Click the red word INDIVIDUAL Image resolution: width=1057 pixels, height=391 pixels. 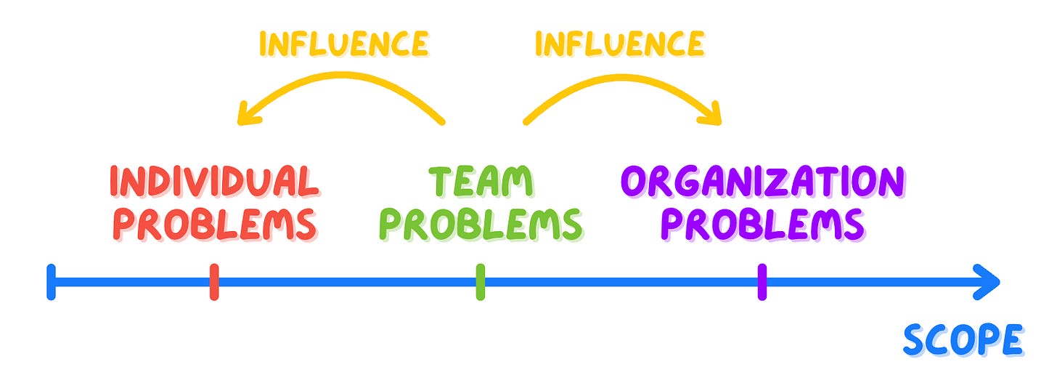[x=214, y=181]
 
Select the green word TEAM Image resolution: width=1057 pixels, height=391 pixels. [x=480, y=181]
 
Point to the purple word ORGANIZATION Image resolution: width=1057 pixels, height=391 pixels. [x=762, y=181]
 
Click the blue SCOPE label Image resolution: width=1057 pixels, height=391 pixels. [x=963, y=339]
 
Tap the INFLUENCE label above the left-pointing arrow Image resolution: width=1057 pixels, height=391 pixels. [x=343, y=44]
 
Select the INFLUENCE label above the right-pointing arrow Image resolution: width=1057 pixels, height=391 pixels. [x=619, y=44]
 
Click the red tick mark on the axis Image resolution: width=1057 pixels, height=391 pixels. [x=214, y=282]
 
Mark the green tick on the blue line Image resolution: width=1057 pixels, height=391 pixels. [x=480, y=282]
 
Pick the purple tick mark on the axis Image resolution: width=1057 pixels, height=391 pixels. [x=762, y=282]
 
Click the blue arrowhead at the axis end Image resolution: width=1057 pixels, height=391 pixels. [x=989, y=282]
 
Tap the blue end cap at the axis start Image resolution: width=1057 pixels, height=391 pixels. [x=51, y=282]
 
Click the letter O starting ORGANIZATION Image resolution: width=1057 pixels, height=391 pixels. [x=637, y=181]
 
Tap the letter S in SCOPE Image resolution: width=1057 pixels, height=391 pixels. [x=916, y=340]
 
